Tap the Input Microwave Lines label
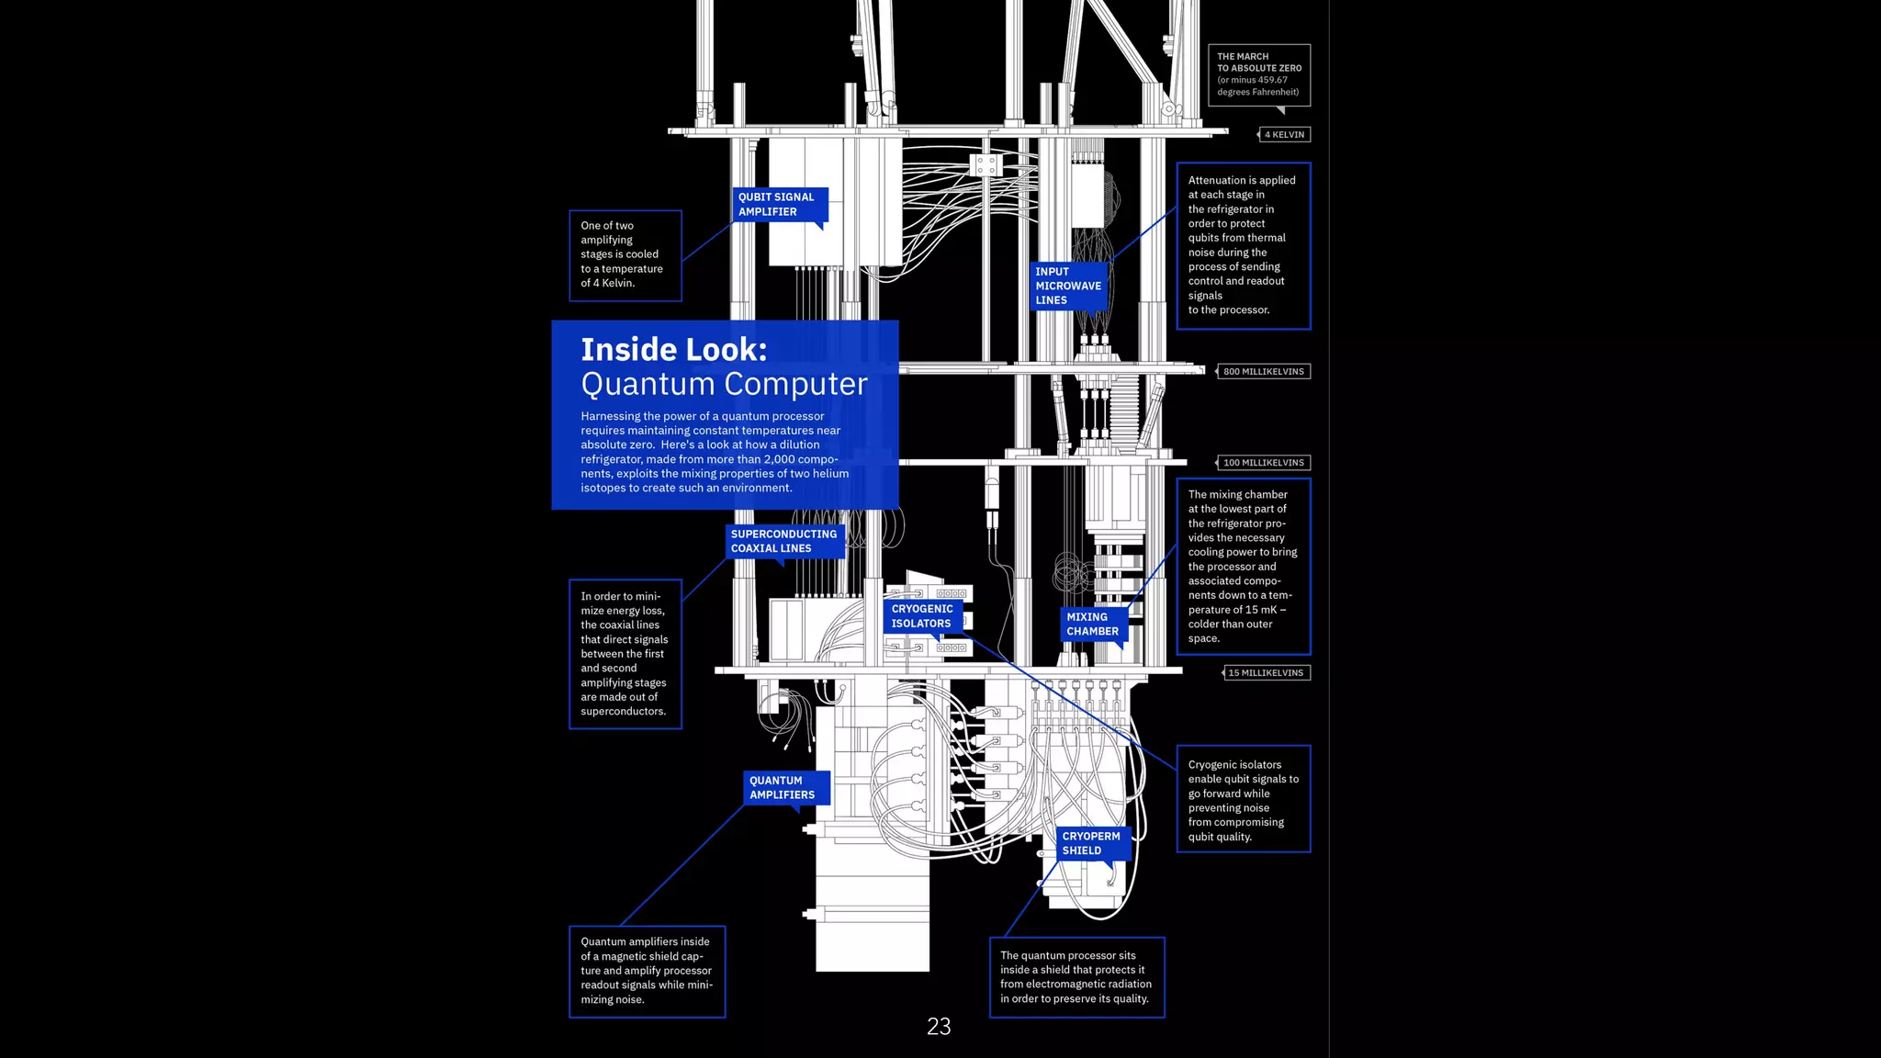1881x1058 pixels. click(1068, 286)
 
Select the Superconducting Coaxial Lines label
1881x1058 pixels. click(784, 541)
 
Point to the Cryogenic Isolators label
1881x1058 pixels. click(922, 616)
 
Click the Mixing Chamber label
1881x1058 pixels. click(1093, 625)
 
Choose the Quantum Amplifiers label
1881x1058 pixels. click(783, 788)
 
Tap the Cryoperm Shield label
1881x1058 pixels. click(1091, 843)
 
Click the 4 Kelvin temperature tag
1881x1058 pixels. click(1284, 135)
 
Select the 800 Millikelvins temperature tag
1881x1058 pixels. click(1263, 372)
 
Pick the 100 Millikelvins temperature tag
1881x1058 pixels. click(1263, 463)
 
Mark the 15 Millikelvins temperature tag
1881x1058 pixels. click(1266, 673)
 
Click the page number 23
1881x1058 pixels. click(939, 1027)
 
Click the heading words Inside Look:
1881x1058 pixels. click(674, 350)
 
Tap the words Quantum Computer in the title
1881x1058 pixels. click(724, 384)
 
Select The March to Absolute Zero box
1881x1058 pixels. click(1258, 74)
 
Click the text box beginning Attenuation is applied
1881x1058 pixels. click(1243, 245)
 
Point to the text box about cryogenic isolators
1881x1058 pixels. click(1243, 800)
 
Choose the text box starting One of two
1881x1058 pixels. click(625, 254)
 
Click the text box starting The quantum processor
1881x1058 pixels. click(1076, 977)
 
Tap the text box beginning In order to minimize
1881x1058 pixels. click(625, 654)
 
